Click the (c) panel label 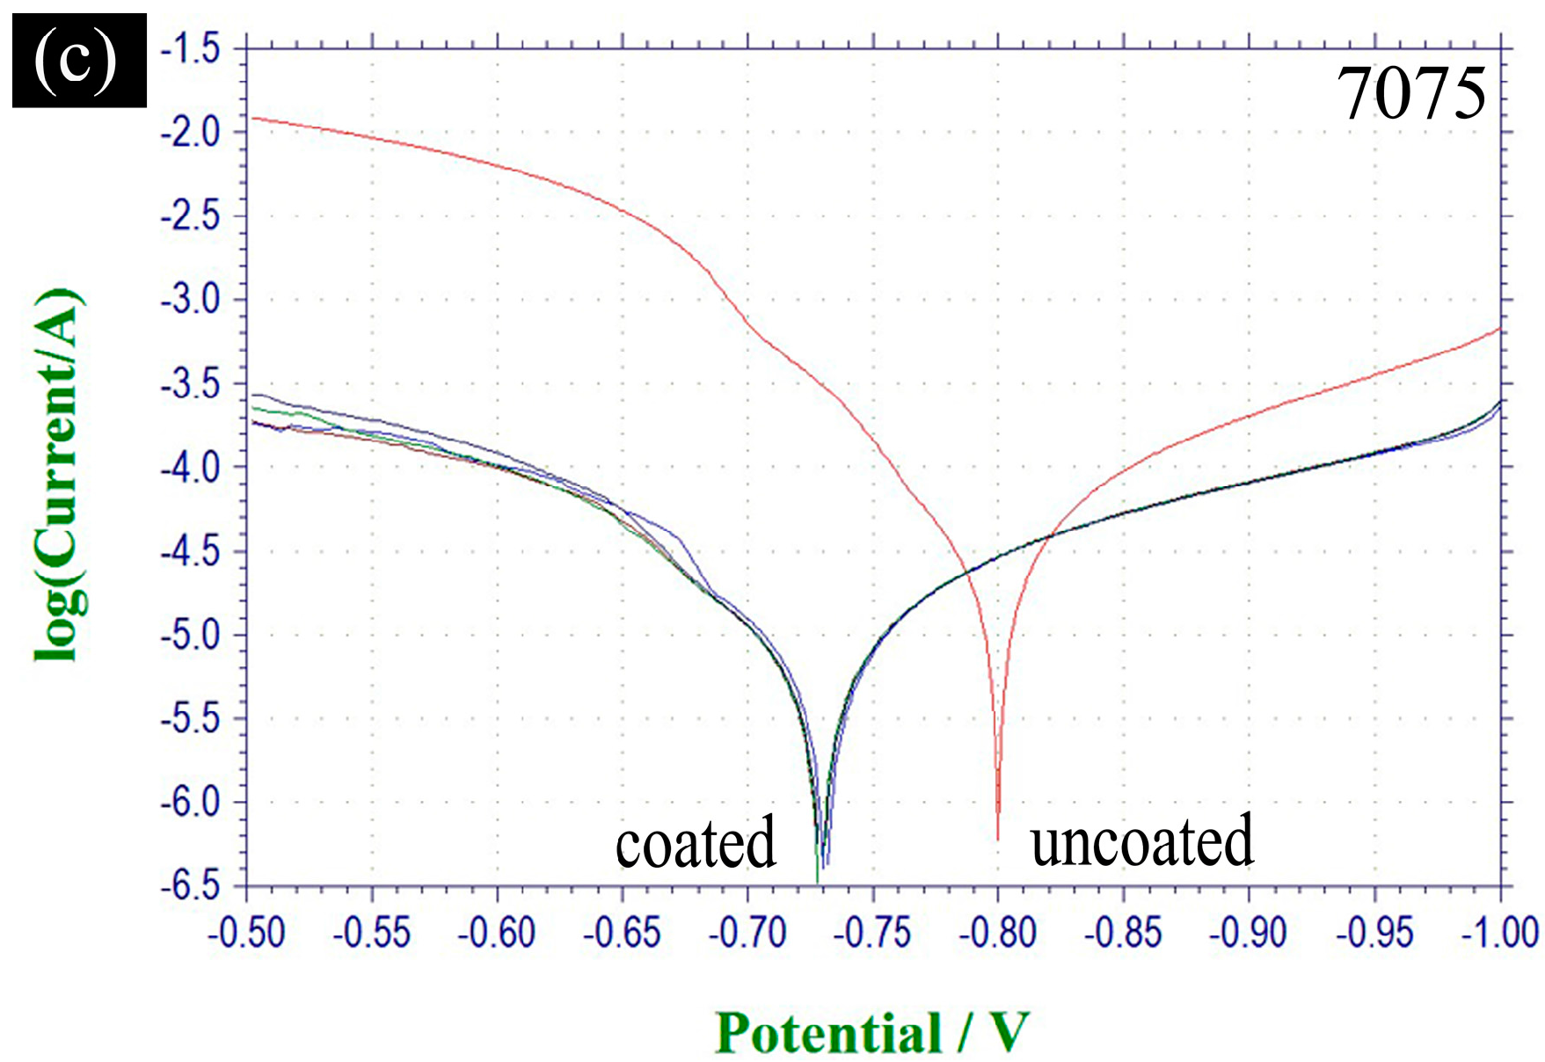(78, 60)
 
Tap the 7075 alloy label (1410, 94)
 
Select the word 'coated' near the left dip (695, 842)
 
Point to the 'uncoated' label (1141, 840)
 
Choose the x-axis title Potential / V (871, 1032)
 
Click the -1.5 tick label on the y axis (190, 48)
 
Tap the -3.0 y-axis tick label (190, 300)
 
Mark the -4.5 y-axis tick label (190, 551)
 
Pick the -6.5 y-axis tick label (190, 885)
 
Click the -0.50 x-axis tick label (246, 933)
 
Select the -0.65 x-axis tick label (622, 933)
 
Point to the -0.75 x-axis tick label (872, 933)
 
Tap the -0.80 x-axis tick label (998, 933)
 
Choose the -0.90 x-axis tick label (1249, 933)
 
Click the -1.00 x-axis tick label (1499, 933)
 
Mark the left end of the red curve (251, 118)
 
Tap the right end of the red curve (1498, 329)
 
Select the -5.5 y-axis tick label (190, 718)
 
